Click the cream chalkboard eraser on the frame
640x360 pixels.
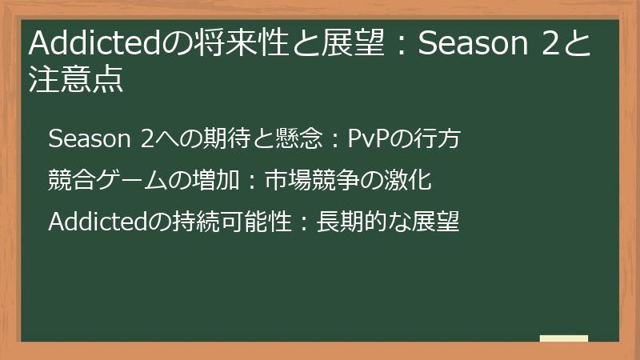click(x=564, y=338)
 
